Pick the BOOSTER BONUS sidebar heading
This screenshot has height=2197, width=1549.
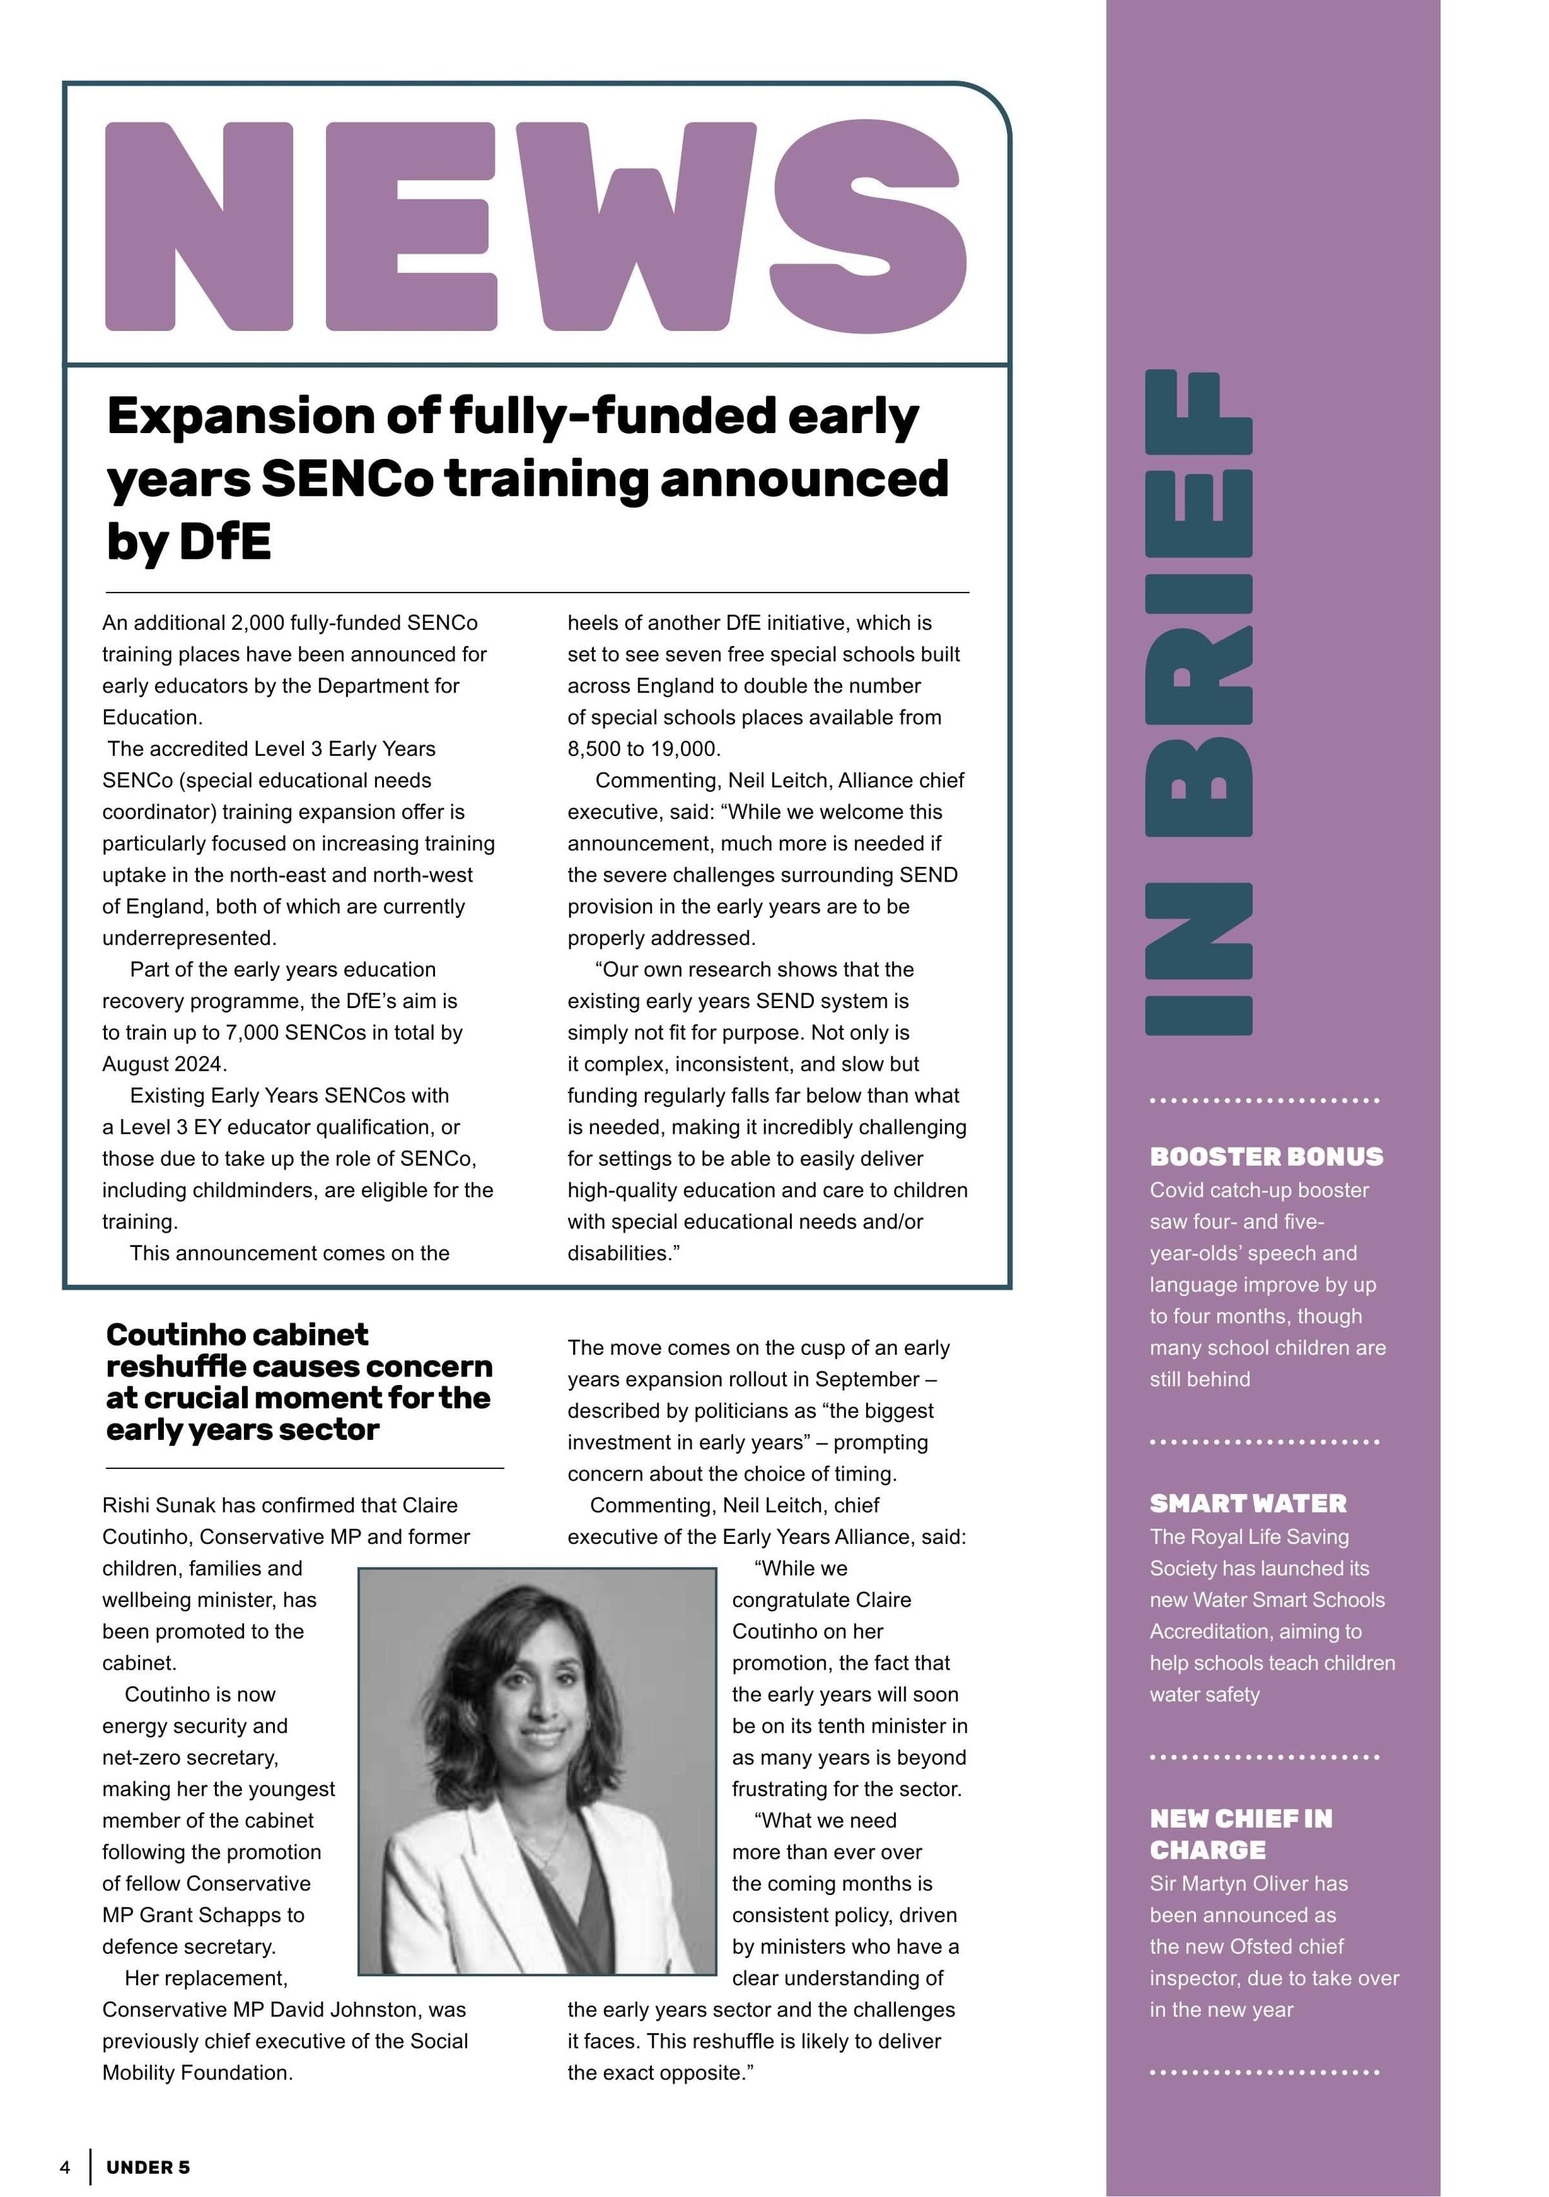pos(1266,1156)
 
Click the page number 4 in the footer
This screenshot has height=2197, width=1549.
pos(65,2167)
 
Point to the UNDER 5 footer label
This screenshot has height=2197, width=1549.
pos(148,2167)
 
